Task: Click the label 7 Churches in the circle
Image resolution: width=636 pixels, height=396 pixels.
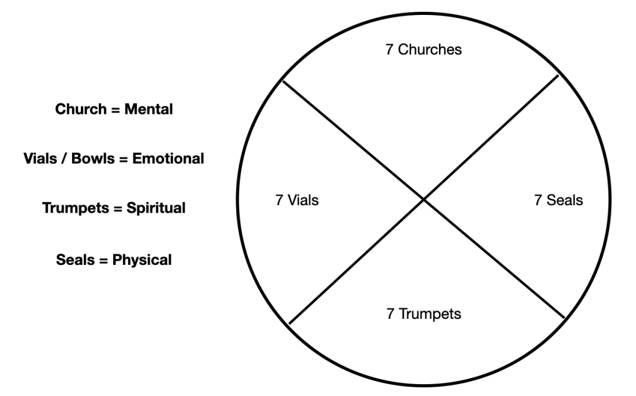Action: [x=423, y=50]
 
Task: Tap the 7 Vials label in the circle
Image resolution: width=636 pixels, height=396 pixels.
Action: [x=297, y=201]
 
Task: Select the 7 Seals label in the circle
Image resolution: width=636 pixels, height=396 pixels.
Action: [x=558, y=201]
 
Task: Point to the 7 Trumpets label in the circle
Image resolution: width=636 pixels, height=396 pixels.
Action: [x=423, y=314]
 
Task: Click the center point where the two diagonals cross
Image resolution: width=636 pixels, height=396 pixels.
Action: [x=423, y=200]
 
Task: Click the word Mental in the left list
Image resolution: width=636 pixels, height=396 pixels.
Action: [x=149, y=109]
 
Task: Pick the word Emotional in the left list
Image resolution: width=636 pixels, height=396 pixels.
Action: [x=168, y=159]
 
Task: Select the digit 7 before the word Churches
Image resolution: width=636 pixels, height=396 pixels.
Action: [x=389, y=50]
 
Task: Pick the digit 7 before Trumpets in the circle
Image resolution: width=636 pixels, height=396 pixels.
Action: [x=390, y=314]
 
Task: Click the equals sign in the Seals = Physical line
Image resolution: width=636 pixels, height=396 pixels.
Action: [x=103, y=259]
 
